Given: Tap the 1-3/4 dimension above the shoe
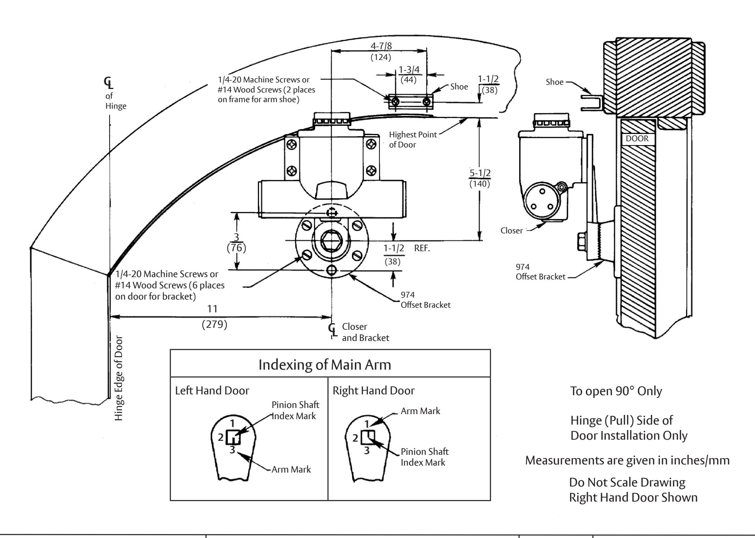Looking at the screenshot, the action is (x=410, y=70).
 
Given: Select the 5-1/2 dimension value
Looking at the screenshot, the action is (x=480, y=173).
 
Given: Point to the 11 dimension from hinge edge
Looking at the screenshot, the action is (x=213, y=309).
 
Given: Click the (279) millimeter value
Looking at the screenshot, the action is (x=214, y=324).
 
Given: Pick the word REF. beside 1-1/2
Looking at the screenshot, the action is (x=422, y=248).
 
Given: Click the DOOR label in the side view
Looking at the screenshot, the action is (x=637, y=139).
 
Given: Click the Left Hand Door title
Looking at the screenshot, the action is (x=212, y=391).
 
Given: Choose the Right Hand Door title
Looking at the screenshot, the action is (x=374, y=391).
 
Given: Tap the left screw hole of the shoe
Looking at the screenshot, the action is (x=395, y=102).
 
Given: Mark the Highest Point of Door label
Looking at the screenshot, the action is (x=412, y=140).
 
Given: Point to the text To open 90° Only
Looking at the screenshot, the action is (x=616, y=391).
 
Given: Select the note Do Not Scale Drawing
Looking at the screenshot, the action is (x=627, y=482).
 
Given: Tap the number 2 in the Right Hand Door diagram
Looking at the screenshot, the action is (x=355, y=438).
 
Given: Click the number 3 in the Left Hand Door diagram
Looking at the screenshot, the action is (x=232, y=450).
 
